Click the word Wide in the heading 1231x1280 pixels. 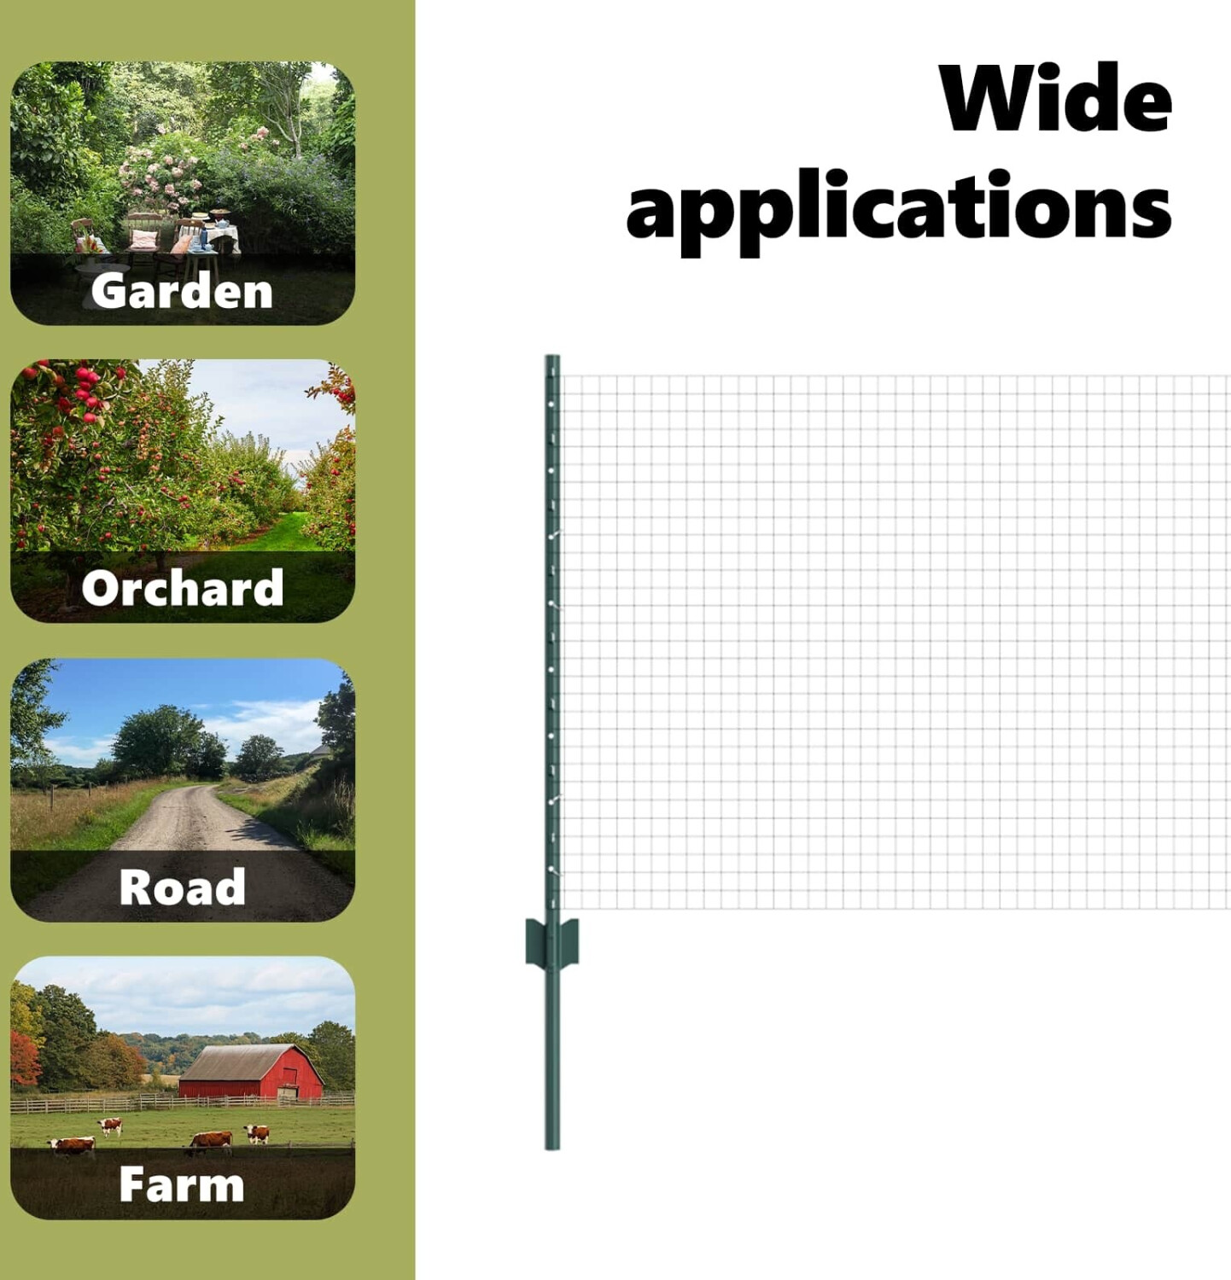tap(1055, 98)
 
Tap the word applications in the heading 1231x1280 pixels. tap(899, 208)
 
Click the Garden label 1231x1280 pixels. tap(182, 291)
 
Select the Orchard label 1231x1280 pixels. tap(182, 588)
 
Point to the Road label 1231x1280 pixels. tap(182, 887)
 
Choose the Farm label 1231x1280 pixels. tap(182, 1184)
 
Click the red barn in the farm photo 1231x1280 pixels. tap(251, 1072)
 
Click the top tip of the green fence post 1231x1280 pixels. tap(552, 357)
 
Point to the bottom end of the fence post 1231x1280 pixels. tap(552, 1147)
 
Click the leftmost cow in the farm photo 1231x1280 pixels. tap(72, 1145)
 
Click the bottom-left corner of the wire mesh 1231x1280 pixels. tap(562, 908)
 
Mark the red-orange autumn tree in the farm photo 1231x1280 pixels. tap(25, 1057)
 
